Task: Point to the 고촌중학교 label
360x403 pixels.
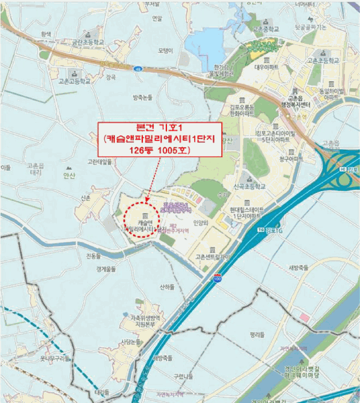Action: [266, 28]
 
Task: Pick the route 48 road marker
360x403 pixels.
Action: [137, 69]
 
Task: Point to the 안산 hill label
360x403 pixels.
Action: [69, 176]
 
